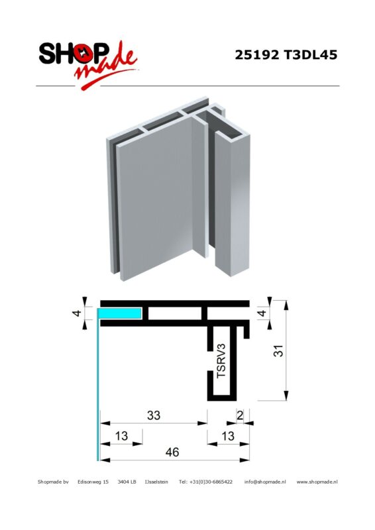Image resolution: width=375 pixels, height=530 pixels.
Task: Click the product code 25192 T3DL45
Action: click(x=286, y=55)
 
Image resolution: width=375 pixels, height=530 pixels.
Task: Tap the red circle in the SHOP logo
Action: click(x=83, y=54)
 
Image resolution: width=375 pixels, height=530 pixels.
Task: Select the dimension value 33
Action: click(x=154, y=415)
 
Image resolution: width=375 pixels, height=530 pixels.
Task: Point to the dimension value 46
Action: click(x=172, y=452)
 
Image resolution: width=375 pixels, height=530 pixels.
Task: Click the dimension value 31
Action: click(x=278, y=350)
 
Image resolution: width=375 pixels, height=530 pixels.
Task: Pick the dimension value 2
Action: click(x=240, y=415)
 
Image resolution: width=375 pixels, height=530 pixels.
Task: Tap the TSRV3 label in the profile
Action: click(x=221, y=360)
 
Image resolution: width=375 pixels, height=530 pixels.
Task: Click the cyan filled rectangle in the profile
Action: click(x=120, y=313)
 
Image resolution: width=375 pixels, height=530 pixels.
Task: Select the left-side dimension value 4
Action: click(x=78, y=313)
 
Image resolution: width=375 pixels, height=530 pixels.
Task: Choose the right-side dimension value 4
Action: click(x=262, y=313)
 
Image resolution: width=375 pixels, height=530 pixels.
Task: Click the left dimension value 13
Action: click(x=121, y=436)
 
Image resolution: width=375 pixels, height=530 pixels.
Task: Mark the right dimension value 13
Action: click(x=228, y=436)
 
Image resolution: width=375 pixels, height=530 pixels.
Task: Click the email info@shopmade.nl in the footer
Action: click(x=265, y=482)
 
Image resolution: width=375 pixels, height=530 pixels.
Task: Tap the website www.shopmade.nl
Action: click(x=317, y=482)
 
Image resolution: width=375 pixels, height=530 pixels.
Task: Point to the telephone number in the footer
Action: click(x=205, y=482)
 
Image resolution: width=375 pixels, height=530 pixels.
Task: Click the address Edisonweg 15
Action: click(x=93, y=482)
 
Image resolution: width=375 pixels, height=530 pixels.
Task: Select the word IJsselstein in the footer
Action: click(x=156, y=482)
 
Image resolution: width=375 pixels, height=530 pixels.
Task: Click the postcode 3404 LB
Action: click(x=127, y=482)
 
